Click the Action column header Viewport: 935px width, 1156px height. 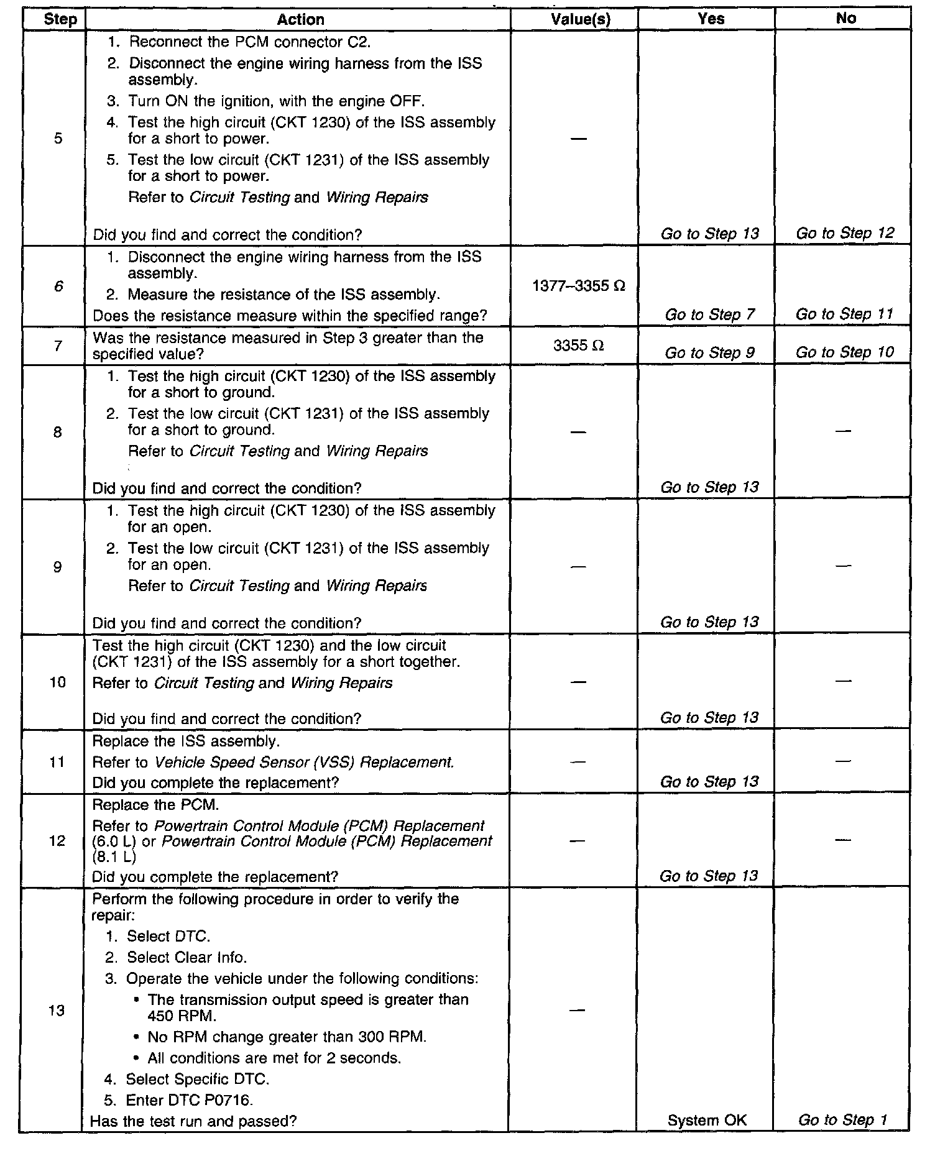click(300, 19)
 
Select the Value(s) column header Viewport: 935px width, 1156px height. click(580, 19)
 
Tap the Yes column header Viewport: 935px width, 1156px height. click(711, 19)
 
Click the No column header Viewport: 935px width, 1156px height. click(845, 19)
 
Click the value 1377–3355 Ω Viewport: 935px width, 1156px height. click(579, 286)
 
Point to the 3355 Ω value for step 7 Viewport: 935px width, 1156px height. click(578, 345)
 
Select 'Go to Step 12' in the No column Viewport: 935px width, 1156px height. click(845, 233)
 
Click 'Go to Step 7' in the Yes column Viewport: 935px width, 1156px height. click(710, 314)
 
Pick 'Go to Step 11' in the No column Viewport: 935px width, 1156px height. click(844, 314)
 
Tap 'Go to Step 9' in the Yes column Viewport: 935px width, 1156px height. click(710, 353)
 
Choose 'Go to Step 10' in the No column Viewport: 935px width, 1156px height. click(844, 352)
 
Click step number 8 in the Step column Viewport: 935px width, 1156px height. click(57, 432)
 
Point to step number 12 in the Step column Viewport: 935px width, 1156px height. click(57, 841)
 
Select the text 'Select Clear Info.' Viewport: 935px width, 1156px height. click(187, 957)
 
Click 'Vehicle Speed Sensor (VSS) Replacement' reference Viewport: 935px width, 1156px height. click(304, 762)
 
